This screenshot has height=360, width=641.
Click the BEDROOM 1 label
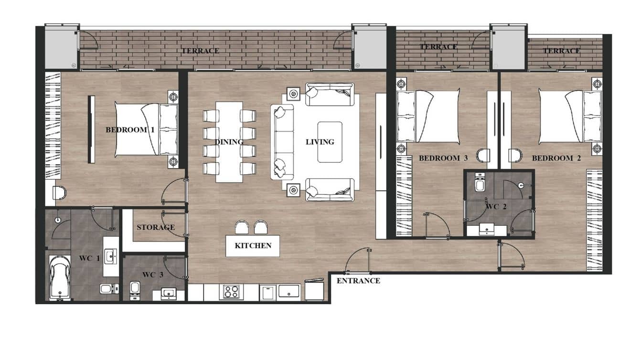pyautogui.click(x=130, y=129)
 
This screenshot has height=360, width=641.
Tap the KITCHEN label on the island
pyautogui.click(x=253, y=245)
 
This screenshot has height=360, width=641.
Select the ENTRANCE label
pyautogui.click(x=358, y=281)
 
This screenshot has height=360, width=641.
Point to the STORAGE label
pyautogui.click(x=156, y=227)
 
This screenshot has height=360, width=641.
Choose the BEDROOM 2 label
pyautogui.click(x=556, y=158)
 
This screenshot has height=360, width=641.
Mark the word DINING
pyautogui.click(x=229, y=142)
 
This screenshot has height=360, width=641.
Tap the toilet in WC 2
pyautogui.click(x=480, y=183)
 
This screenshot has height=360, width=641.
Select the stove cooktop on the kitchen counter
pyautogui.click(x=231, y=292)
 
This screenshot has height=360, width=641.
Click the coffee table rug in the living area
pyautogui.click(x=330, y=135)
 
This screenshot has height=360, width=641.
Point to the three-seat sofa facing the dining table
pyautogui.click(x=283, y=142)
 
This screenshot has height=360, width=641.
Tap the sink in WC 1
pyautogui.click(x=112, y=256)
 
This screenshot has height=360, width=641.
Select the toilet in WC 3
pyautogui.click(x=135, y=289)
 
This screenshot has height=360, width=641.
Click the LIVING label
pyautogui.click(x=320, y=142)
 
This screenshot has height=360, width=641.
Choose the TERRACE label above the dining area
pyautogui.click(x=200, y=51)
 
